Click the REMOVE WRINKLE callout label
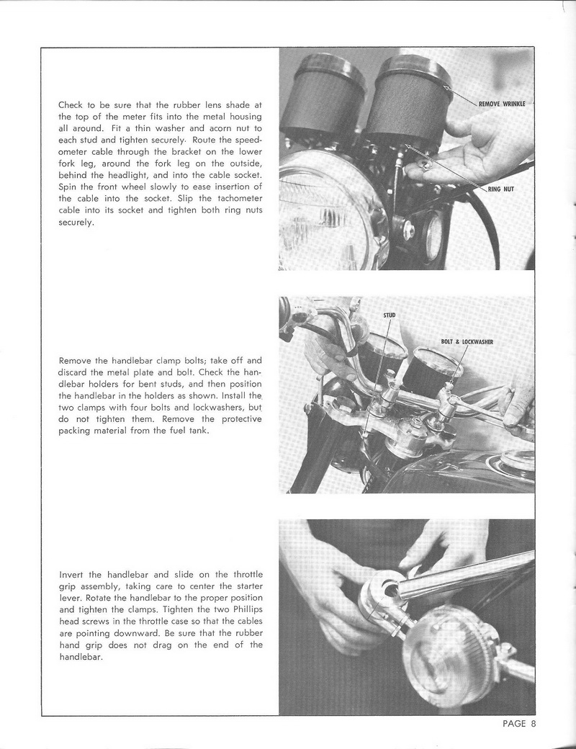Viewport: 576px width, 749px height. (502, 104)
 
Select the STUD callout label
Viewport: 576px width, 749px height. (389, 315)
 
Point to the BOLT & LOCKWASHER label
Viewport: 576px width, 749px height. (466, 341)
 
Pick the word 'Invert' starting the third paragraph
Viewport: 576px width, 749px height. (71, 575)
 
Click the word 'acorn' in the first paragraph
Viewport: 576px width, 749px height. (203, 128)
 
